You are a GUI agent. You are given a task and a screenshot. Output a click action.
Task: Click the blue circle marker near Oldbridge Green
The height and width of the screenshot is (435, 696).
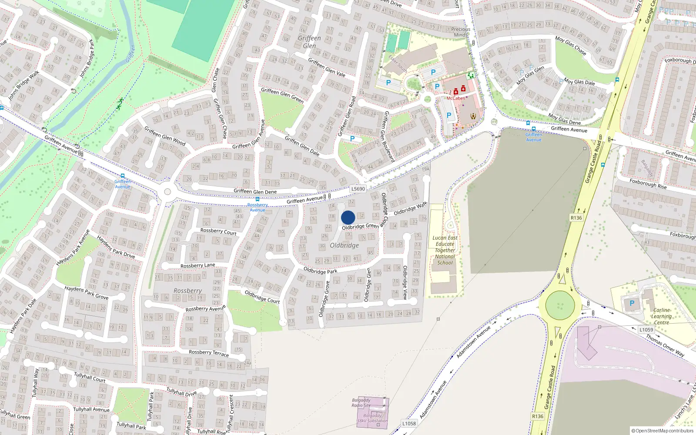348,217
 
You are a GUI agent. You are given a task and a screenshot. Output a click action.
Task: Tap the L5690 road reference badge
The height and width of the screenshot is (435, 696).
358,189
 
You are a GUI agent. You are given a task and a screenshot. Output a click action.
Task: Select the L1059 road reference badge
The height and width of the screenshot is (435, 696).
646,330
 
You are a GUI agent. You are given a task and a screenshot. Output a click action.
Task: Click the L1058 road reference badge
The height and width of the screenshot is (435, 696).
409,423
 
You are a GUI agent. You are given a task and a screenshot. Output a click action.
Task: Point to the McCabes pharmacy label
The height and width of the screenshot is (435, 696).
455,98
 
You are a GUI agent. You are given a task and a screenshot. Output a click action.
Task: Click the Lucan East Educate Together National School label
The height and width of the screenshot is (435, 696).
445,250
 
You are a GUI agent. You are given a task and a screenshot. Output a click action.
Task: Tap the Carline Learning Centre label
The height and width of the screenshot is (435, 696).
661,316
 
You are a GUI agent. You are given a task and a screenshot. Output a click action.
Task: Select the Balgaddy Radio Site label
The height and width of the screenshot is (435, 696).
361,403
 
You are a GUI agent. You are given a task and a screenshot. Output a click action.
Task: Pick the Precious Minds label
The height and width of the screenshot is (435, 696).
461,32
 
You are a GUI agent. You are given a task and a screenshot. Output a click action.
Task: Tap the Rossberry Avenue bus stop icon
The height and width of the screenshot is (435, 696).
258,199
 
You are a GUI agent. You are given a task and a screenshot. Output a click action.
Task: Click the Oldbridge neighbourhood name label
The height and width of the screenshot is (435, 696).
344,245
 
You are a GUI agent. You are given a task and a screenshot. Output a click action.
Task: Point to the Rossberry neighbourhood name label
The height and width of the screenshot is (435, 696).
187,291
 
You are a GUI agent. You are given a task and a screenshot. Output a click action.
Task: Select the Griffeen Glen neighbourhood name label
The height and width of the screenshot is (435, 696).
309,42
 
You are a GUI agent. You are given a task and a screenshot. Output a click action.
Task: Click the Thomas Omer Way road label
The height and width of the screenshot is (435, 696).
665,345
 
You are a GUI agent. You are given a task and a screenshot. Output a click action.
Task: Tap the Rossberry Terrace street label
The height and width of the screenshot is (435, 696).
209,353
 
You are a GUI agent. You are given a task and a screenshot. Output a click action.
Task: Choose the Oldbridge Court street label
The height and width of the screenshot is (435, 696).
262,297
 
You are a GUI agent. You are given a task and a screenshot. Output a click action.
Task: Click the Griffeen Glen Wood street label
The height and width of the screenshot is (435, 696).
165,136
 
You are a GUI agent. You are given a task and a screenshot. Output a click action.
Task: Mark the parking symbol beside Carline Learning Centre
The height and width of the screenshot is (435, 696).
632,303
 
